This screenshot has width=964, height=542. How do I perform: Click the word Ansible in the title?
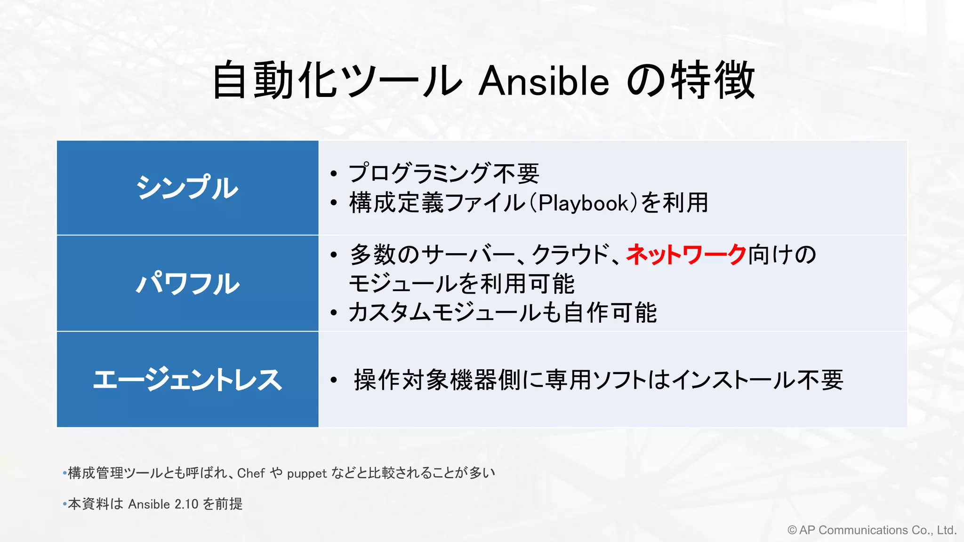pyautogui.click(x=544, y=81)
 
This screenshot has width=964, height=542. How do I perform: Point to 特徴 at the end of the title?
pyautogui.click(x=713, y=81)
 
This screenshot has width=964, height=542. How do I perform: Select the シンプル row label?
pyautogui.click(x=187, y=188)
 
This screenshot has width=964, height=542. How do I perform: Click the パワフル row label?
pyautogui.click(x=187, y=283)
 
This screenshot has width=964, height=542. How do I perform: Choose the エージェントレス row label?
pyautogui.click(x=187, y=379)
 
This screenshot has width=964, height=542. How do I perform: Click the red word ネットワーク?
pyautogui.click(x=686, y=255)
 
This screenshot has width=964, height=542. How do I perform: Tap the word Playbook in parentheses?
pyautogui.click(x=584, y=203)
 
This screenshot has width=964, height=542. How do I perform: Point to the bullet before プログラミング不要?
pyautogui.click(x=334, y=174)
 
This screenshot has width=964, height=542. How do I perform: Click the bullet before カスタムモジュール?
pyautogui.click(x=334, y=313)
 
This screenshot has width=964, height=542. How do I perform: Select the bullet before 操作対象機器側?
pyautogui.click(x=334, y=380)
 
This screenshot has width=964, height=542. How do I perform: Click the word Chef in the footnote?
pyautogui.click(x=251, y=473)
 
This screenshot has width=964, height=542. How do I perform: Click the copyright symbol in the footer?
pyautogui.click(x=792, y=530)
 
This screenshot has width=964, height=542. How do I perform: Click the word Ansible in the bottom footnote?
pyautogui.click(x=149, y=504)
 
